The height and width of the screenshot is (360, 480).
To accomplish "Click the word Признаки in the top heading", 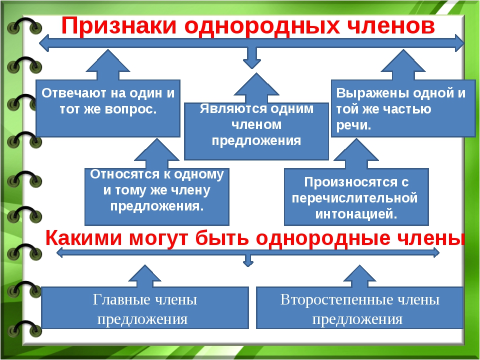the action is coord(119,25).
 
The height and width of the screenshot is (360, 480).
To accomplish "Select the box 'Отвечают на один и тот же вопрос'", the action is coord(108,108).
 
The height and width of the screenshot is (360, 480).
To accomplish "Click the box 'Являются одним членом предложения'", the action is coord(256,131).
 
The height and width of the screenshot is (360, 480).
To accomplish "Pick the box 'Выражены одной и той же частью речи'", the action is coord(403,108).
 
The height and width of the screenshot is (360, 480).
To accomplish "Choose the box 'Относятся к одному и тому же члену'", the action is coord(156,197).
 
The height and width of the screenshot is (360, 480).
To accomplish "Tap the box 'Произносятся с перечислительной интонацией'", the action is coord(356,197).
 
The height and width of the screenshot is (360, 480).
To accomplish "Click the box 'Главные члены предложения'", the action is coord(145,307).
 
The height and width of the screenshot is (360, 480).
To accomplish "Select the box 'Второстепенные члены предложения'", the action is coord(359,307).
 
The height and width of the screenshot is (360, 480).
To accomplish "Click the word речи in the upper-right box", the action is coord(353,125).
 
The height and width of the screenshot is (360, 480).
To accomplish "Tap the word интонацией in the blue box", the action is coord(356,213).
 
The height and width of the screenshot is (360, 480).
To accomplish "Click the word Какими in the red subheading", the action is coord(83,238).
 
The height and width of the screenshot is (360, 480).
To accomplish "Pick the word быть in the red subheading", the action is coord(222,238).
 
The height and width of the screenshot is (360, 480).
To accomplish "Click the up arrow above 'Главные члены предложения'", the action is coord(145,276).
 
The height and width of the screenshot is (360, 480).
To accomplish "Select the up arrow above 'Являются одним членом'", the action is coord(256,88).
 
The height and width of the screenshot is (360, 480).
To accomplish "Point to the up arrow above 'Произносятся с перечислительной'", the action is coord(356,153).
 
